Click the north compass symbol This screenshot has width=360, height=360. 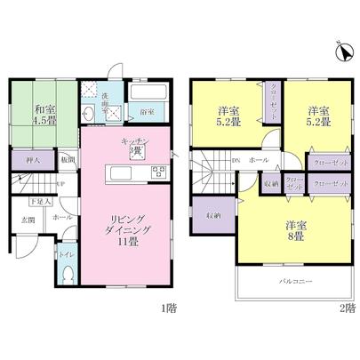coord(339,52)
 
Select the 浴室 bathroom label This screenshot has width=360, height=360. coord(147,113)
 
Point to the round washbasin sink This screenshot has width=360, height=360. coord(90,114)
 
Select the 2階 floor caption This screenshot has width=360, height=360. coord(348,308)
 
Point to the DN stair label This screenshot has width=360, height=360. coord(236,161)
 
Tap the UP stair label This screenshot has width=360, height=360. coord(59,184)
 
